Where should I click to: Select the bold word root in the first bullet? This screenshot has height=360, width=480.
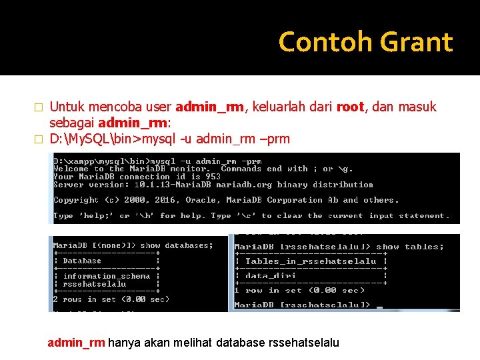350,107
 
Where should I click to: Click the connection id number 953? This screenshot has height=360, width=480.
213,177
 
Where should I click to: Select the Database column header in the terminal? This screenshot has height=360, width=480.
83,261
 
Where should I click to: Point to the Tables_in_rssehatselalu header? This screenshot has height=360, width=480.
311,261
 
